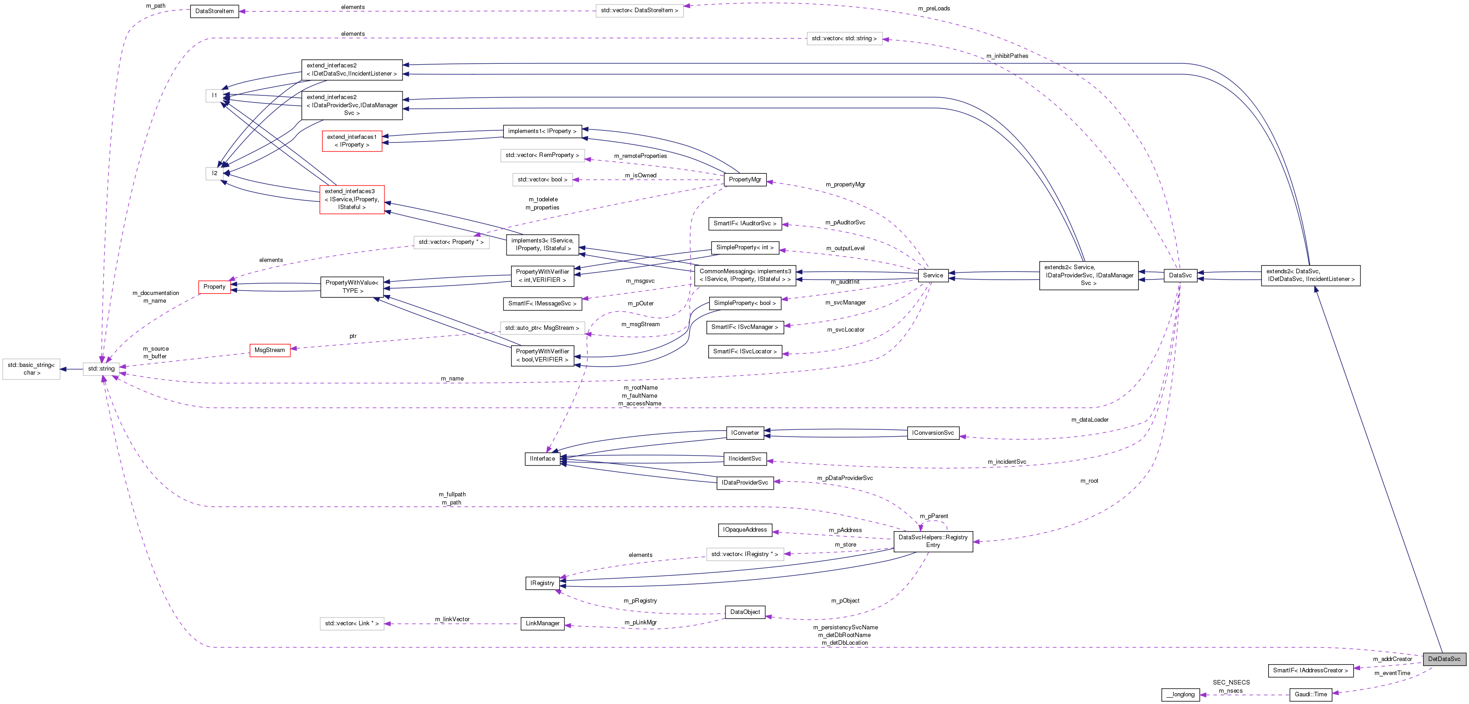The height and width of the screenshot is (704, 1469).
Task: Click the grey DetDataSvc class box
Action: pyautogui.click(x=1444, y=659)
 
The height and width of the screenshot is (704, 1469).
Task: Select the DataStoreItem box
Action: pyautogui.click(x=214, y=11)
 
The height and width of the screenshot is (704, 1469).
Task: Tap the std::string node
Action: pyautogui.click(x=101, y=369)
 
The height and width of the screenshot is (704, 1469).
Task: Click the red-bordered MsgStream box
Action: pyautogui.click(x=269, y=350)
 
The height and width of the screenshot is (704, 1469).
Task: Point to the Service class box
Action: pyautogui.click(x=933, y=275)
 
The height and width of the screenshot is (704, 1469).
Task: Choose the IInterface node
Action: pyautogui.click(x=542, y=458)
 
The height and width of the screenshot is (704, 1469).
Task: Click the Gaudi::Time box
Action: pyautogui.click(x=1310, y=694)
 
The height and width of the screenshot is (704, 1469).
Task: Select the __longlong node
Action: pyautogui.click(x=1180, y=694)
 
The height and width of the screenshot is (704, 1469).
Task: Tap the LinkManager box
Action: pyautogui.click(x=542, y=623)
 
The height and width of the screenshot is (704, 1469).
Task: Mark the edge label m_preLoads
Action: pyautogui.click(x=934, y=9)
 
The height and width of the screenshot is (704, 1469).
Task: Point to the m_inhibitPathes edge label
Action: pyautogui.click(x=1007, y=56)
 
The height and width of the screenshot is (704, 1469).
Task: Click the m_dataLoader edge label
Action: pyautogui.click(x=1089, y=420)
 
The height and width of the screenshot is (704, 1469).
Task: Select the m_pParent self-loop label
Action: pyautogui.click(x=934, y=516)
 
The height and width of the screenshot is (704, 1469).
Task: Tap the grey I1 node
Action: pyautogui.click(x=214, y=95)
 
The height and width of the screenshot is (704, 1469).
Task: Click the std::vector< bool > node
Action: pyautogui.click(x=542, y=179)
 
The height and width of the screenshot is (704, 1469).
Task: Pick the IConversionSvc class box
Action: pyautogui.click(x=933, y=433)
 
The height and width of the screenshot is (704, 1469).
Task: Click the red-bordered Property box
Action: pyautogui.click(x=214, y=286)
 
